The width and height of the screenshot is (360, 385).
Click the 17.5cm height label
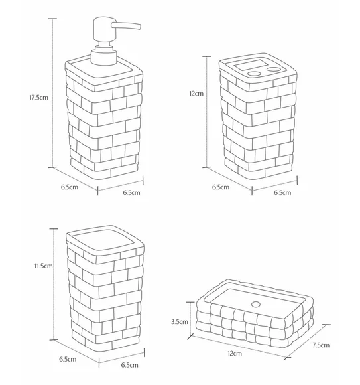pos(38,97)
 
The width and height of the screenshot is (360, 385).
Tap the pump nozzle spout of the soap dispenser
pos(126,26)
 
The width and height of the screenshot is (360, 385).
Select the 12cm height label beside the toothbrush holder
pos(196,94)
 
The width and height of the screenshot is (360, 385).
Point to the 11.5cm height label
pos(43,266)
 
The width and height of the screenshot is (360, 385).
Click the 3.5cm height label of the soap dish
pos(180,321)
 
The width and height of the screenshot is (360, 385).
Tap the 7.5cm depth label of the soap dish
pos(321,345)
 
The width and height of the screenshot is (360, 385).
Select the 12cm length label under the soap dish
pos(235,354)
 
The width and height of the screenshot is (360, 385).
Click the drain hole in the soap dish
pos(256,305)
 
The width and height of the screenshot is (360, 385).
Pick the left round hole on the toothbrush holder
pos(254,74)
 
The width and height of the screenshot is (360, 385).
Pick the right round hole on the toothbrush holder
pos(274,69)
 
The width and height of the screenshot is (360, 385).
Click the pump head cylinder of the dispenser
pos(104,29)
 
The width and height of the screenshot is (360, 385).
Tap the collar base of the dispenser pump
pos(103,57)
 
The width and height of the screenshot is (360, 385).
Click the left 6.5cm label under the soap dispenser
pos(70,187)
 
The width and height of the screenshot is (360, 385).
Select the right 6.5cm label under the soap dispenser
pos(131,193)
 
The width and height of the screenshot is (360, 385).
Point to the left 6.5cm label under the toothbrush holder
pos(221,187)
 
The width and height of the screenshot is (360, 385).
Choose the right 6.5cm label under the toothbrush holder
pos(282,193)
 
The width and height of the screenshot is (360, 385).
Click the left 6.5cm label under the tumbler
pos(68,359)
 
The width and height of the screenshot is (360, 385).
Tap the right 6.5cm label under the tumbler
pos(129,365)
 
